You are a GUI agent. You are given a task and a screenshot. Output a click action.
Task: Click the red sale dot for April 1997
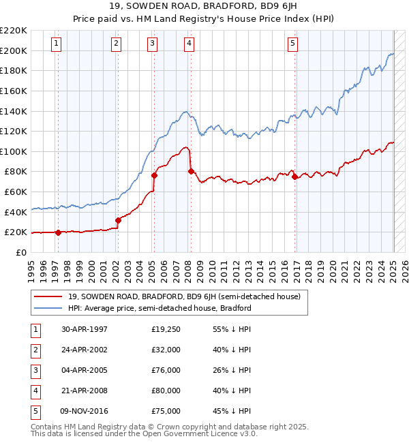click(58, 232)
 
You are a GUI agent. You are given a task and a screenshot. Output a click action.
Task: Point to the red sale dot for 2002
click(118, 219)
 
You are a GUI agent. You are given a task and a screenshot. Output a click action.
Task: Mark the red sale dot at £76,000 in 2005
click(154, 175)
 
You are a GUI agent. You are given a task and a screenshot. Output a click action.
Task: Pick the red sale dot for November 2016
click(294, 177)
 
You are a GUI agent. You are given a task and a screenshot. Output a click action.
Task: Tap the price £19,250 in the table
click(166, 329)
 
